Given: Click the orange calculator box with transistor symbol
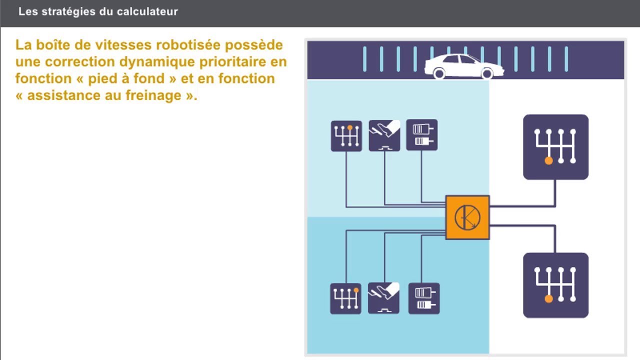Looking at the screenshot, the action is coord(467,217).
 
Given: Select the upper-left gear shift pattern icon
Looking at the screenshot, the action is coord(346,135).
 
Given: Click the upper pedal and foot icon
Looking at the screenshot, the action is coord(384,135).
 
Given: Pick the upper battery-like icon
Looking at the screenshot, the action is coord(422,135).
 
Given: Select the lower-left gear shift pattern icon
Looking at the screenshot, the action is coord(346,298).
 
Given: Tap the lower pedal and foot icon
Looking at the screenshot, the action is coord(383,298).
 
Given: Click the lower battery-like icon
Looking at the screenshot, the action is coord(424,298).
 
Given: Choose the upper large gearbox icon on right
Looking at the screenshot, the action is coord(555,147).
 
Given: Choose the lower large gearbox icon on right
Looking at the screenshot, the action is coord(555,285).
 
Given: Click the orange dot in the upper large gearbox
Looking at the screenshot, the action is coord(548,161).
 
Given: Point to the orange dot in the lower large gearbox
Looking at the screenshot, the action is coord(548,299).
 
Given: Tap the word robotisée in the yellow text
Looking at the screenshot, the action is coord(188,45).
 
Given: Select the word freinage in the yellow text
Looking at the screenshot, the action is coord(152,95).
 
